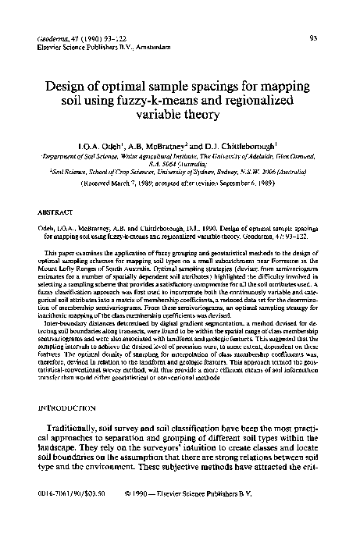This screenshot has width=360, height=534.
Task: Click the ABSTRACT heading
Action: (55, 211)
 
